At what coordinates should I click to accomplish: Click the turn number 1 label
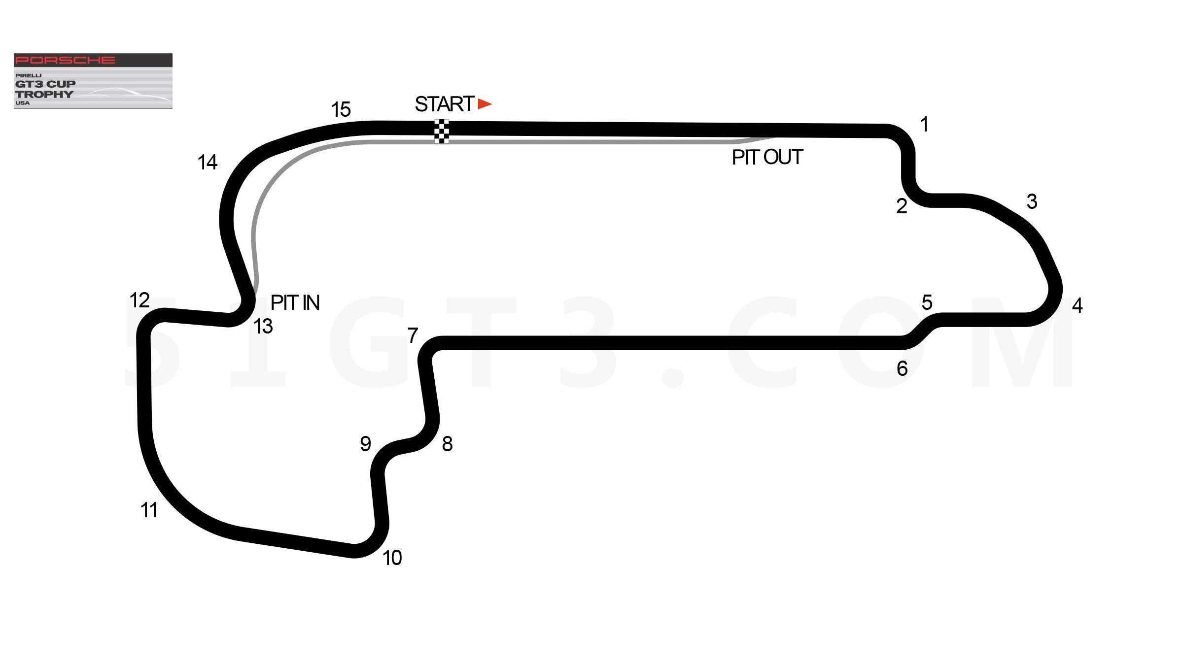[925, 124]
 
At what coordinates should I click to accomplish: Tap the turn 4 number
[1078, 305]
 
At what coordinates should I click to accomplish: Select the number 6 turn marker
[902, 368]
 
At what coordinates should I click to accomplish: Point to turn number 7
[413, 335]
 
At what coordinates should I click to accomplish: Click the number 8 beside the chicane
[447, 444]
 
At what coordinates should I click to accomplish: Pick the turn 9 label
[365, 444]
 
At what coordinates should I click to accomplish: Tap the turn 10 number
[392, 558]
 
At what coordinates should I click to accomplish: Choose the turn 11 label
[149, 510]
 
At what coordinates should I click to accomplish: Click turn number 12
[139, 300]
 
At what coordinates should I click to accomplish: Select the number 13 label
[263, 326]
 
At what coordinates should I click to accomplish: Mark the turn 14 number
[208, 162]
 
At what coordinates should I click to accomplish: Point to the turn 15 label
[341, 109]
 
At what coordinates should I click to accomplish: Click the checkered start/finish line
[442, 131]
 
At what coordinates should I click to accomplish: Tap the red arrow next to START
[485, 104]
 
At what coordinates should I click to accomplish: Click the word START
[445, 104]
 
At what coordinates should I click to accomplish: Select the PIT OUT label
[767, 157]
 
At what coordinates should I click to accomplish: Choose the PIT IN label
[295, 302]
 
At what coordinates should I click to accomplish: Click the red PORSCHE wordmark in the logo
[65, 60]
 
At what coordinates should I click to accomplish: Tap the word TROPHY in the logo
[44, 94]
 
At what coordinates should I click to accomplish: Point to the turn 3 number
[1032, 201]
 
